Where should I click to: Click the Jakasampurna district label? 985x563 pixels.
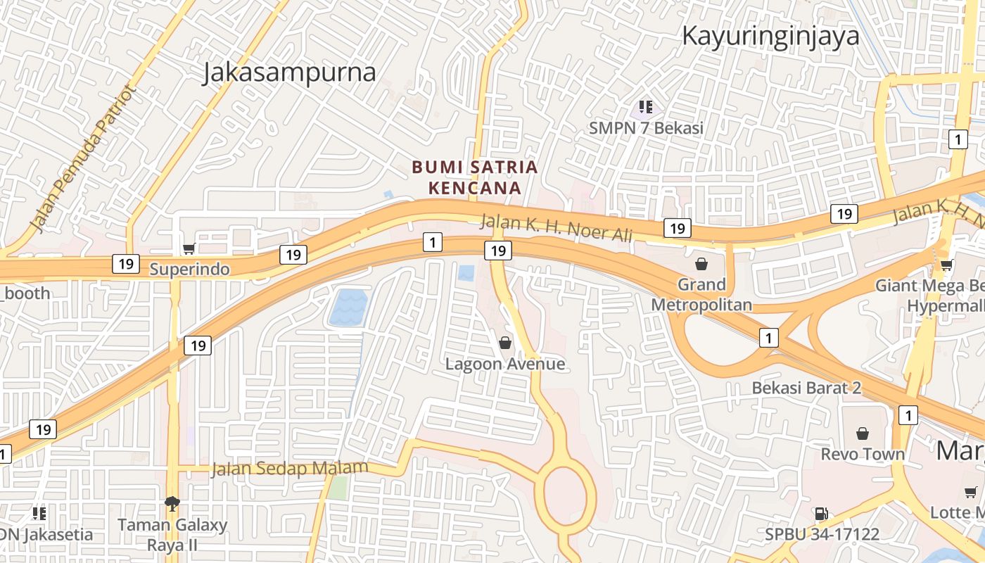click(x=289, y=72)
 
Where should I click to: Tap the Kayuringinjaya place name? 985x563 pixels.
click(x=770, y=35)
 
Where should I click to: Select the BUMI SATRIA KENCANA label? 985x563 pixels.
click(x=475, y=177)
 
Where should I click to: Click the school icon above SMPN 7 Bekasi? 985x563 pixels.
click(x=646, y=108)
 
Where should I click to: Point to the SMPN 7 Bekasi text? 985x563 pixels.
click(x=646, y=128)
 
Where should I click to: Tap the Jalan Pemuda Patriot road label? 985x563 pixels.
click(x=82, y=159)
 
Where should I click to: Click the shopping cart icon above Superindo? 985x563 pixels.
click(x=189, y=248)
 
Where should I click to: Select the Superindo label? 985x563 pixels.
click(x=189, y=269)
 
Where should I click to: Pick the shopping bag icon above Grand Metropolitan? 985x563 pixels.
click(x=701, y=264)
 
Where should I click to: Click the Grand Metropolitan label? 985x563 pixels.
click(x=701, y=294)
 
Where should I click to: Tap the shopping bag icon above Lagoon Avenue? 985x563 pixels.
click(x=504, y=343)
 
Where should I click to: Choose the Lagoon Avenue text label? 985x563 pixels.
click(x=505, y=364)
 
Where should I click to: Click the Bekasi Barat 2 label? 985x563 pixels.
click(x=806, y=388)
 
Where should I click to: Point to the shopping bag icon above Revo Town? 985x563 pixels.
click(x=862, y=434)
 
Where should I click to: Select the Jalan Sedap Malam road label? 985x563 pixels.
click(x=290, y=469)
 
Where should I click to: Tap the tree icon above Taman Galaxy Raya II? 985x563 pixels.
click(x=172, y=502)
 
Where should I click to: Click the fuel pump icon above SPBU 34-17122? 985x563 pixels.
click(x=821, y=514)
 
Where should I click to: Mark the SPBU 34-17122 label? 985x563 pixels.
click(x=822, y=534)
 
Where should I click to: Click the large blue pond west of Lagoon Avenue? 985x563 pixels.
click(x=348, y=308)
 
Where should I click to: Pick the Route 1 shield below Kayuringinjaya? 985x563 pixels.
click(x=957, y=139)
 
